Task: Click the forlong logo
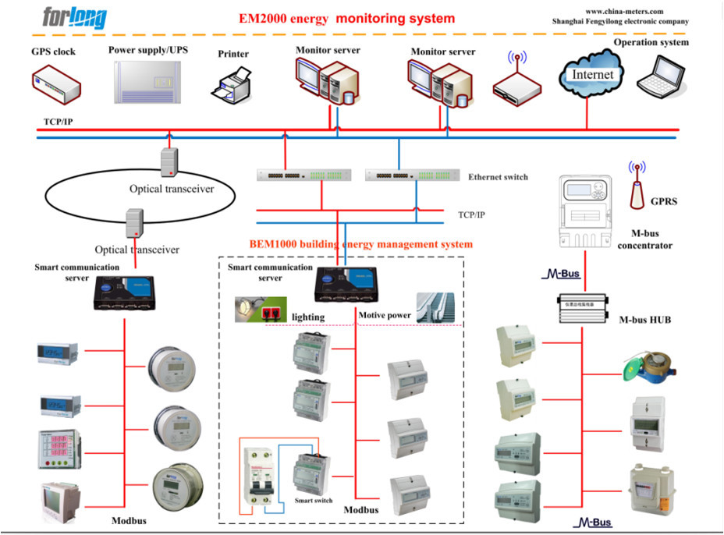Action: click(75, 17)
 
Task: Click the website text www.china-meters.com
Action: click(623, 11)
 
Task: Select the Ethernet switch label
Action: click(498, 177)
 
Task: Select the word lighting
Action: click(307, 317)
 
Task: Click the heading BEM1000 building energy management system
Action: click(360, 244)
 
